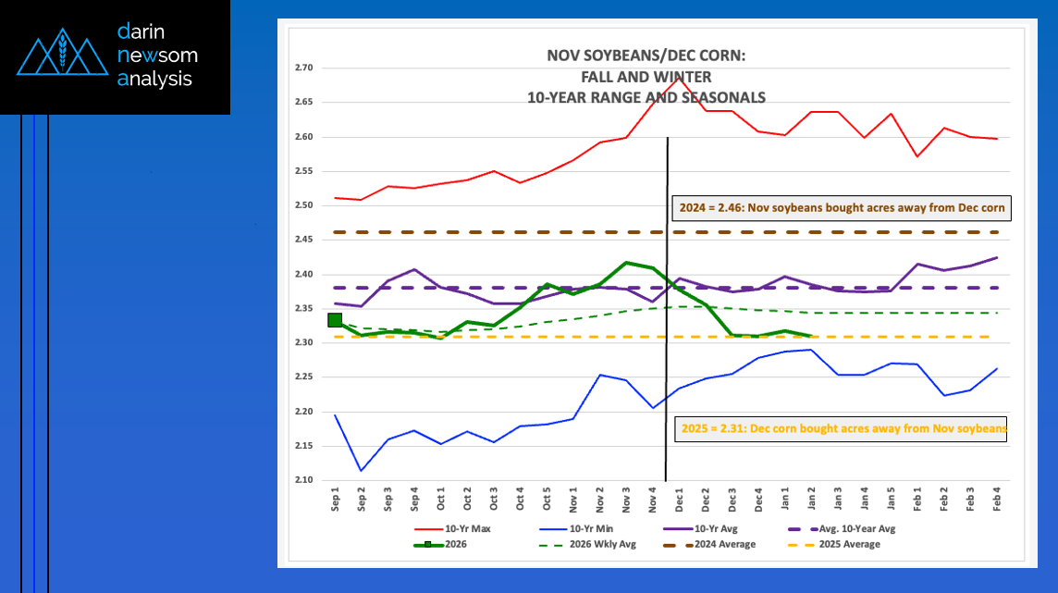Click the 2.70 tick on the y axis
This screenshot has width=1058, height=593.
point(305,68)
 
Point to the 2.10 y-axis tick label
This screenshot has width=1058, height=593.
point(305,480)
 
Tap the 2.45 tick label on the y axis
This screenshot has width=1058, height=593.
point(305,240)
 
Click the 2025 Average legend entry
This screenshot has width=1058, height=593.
point(851,545)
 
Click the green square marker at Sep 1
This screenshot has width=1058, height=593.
point(335,320)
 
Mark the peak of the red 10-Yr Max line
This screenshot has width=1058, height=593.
point(680,77)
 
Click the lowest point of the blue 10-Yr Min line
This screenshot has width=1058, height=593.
point(361,471)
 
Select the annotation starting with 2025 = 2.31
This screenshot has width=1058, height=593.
point(842,429)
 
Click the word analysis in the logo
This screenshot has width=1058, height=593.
point(154,80)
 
